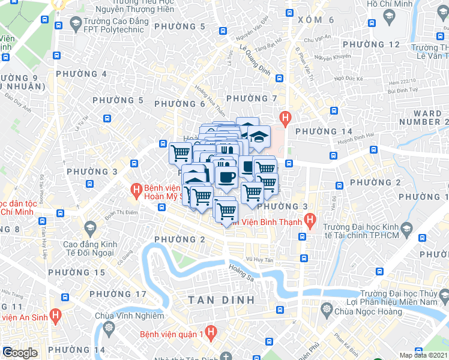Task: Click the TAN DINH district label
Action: pyautogui.click(x=221, y=299)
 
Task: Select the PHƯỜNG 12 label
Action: pyautogui.click(x=377, y=44)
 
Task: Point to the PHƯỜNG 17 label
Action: pyautogui.click(x=118, y=294)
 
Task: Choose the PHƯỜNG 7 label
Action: pyautogui.click(x=251, y=98)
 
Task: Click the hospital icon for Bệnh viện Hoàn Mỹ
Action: pyautogui.click(x=137, y=191)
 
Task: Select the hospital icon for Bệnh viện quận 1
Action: pyautogui.click(x=210, y=331)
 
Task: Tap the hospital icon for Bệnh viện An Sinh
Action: pyautogui.click(x=56, y=314)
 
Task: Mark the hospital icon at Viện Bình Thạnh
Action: pyautogui.click(x=310, y=221)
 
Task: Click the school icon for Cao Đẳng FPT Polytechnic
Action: pyautogui.click(x=76, y=23)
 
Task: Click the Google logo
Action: pyautogui.click(x=19, y=353)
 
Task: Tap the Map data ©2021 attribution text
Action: pyautogui.click(x=423, y=355)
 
